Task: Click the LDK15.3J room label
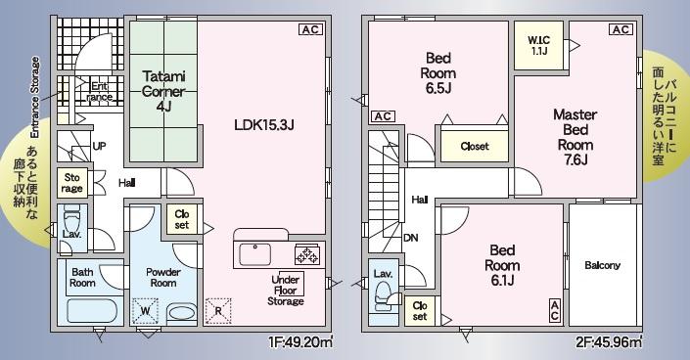pos(263,125)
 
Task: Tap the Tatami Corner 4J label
pos(163,91)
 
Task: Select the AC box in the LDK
pos(310,29)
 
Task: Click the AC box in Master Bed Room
pos(621,29)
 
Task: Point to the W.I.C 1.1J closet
pos(538,45)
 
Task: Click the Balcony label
pos(603,265)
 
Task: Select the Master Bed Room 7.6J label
pos(575,137)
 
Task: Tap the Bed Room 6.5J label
pos(438,73)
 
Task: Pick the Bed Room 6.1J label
pos(502,265)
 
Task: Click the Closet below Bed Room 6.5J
pos(475,146)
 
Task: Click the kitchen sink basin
pos(255,254)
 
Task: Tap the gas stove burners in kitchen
pos(307,255)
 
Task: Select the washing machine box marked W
pos(145,311)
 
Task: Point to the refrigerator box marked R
pos(218,311)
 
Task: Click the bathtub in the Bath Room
pos(92,311)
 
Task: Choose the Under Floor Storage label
pos(286,290)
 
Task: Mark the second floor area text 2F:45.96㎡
pos(610,342)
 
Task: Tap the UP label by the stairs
pos(100,146)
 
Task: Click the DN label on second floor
pos(410,238)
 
